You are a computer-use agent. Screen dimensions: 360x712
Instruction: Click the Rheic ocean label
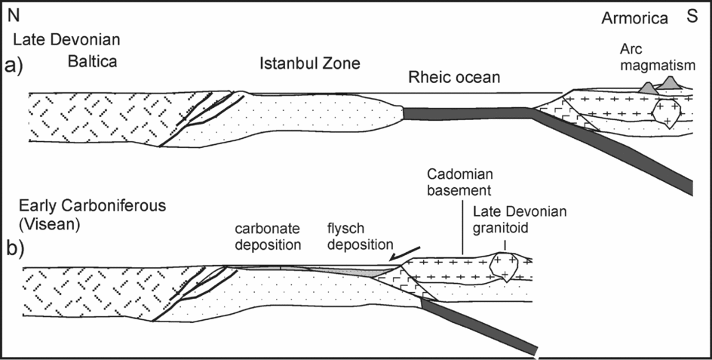(x=455, y=77)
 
